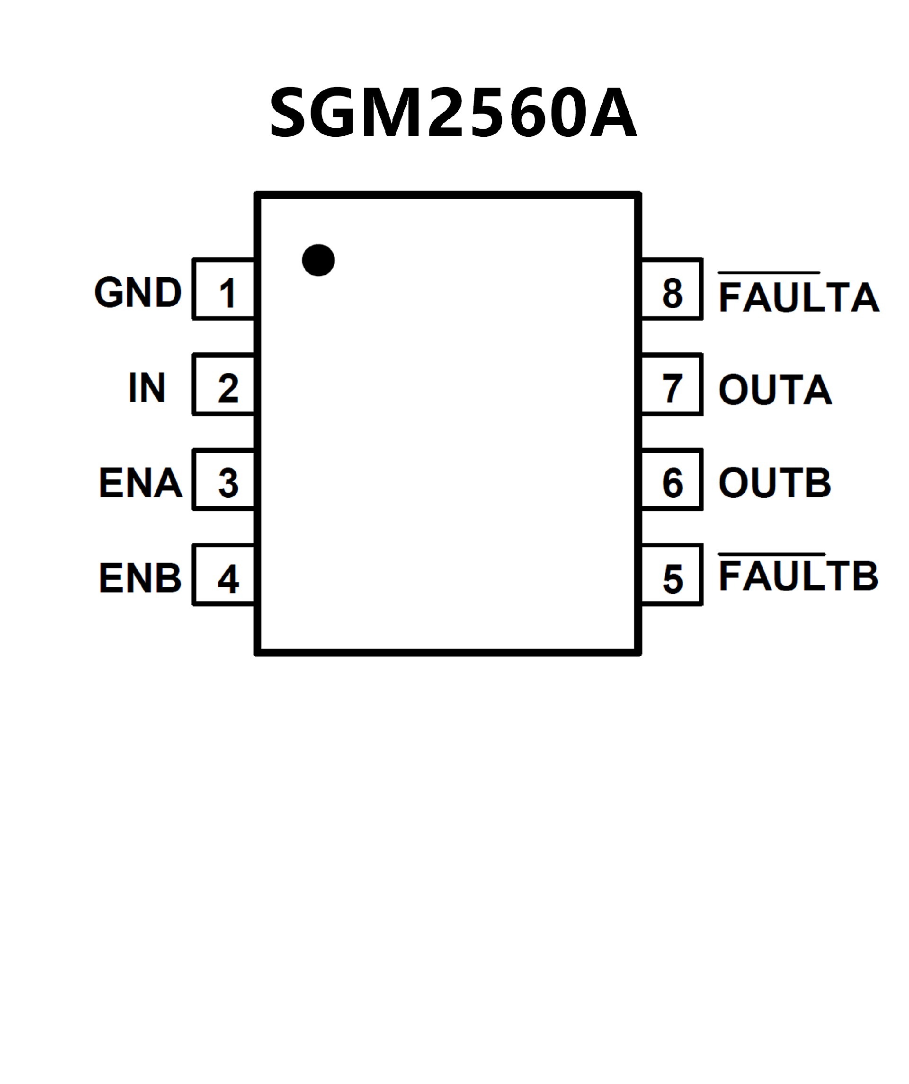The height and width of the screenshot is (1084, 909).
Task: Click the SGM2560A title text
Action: (453, 112)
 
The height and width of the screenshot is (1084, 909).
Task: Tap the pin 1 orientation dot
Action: (318, 260)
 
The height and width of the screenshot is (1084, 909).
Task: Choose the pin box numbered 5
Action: (671, 574)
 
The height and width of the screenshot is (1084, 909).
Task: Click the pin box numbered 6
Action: (671, 479)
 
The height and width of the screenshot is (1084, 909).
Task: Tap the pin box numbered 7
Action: (671, 384)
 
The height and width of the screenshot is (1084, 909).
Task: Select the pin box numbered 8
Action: (671, 289)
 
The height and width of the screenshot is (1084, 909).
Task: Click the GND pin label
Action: (138, 292)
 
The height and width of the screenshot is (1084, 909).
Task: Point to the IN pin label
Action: (147, 387)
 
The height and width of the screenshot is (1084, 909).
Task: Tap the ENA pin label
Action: (141, 483)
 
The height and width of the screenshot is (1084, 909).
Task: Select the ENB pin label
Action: (141, 578)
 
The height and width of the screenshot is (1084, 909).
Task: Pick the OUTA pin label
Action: (775, 390)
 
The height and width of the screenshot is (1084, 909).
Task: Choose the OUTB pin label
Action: (774, 483)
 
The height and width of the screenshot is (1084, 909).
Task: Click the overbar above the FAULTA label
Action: (769, 272)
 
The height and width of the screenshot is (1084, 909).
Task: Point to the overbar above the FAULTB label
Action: (772, 555)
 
